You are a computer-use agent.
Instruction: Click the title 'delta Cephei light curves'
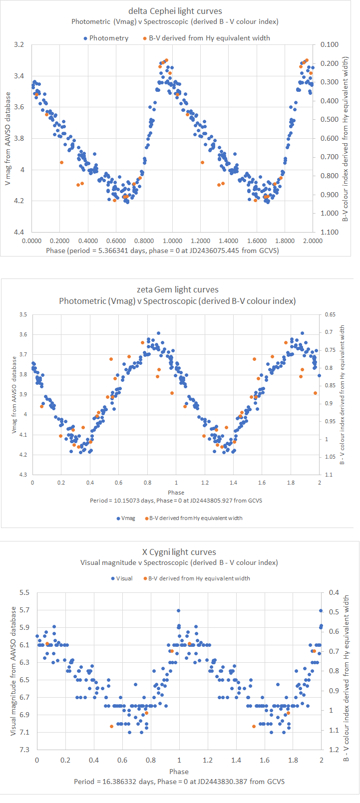tap(175, 11)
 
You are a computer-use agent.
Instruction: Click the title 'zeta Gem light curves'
tap(177, 289)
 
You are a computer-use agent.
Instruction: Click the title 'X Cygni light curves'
tap(179, 552)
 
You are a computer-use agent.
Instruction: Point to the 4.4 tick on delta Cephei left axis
tap(19, 232)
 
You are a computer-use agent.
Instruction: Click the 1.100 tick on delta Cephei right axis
tap(330, 232)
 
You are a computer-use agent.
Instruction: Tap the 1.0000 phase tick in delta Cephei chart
tap(172, 241)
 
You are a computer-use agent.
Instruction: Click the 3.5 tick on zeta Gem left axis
tap(23, 314)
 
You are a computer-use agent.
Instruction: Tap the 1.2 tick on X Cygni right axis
tap(334, 750)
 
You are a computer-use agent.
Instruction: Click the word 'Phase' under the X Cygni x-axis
tap(179, 772)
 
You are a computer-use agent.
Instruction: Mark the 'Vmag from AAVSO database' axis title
tap(14, 394)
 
